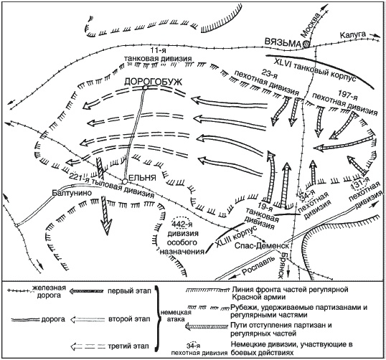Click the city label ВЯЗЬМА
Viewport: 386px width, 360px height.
tap(283, 42)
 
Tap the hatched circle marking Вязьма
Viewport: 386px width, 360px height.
tap(306, 44)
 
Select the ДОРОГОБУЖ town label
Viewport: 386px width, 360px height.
tap(153, 82)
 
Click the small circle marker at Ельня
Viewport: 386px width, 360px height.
tap(125, 181)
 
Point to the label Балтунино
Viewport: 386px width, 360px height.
tap(72, 193)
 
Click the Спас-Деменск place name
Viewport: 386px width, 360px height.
tap(261, 245)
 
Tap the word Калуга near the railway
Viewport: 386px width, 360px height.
tap(353, 35)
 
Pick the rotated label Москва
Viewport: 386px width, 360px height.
tap(312, 24)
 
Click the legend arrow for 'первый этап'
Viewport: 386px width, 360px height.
tap(86, 291)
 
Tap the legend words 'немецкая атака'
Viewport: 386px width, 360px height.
tap(176, 316)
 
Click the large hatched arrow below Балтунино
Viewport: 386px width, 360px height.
tap(106, 215)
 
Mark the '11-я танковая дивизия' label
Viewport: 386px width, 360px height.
tap(158, 55)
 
